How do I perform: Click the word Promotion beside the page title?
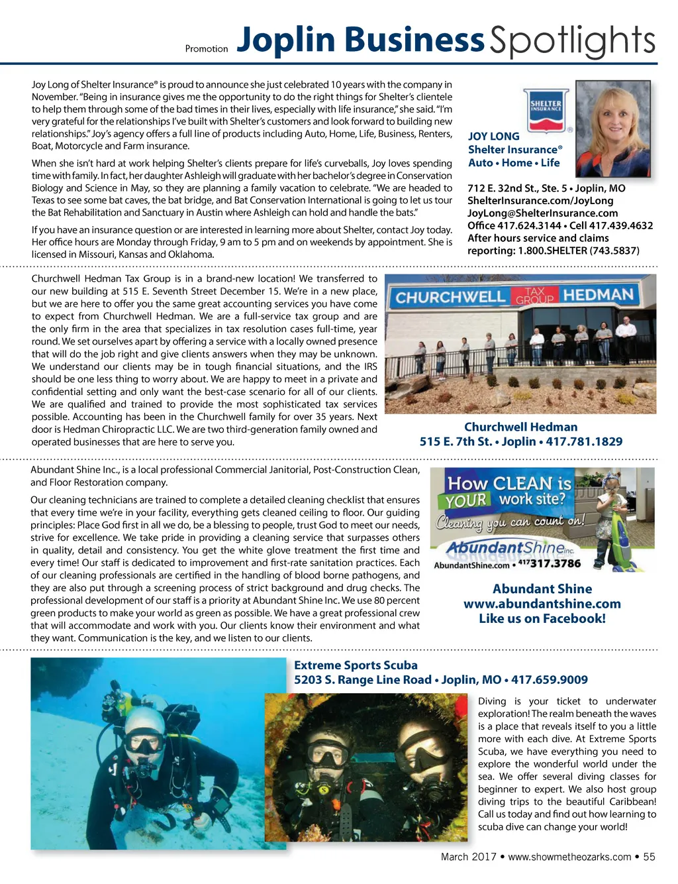pyautogui.click(x=207, y=48)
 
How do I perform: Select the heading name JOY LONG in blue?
pyautogui.click(x=494, y=137)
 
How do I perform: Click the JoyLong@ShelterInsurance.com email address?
pyautogui.click(x=542, y=213)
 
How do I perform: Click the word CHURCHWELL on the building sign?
pyautogui.click(x=450, y=298)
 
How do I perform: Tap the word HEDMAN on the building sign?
pyautogui.click(x=598, y=295)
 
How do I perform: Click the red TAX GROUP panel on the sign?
pyautogui.click(x=534, y=296)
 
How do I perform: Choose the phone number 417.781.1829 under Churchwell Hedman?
pyautogui.click(x=584, y=441)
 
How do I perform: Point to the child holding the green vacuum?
pyautogui.click(x=615, y=517)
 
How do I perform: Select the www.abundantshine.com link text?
pyautogui.click(x=542, y=604)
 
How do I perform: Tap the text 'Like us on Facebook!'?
pyautogui.click(x=542, y=618)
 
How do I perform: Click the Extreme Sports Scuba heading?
pyautogui.click(x=356, y=665)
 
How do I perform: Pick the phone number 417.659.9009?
pyautogui.click(x=550, y=680)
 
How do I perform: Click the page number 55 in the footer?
pyautogui.click(x=649, y=857)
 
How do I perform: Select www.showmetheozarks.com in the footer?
pyautogui.click(x=569, y=857)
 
